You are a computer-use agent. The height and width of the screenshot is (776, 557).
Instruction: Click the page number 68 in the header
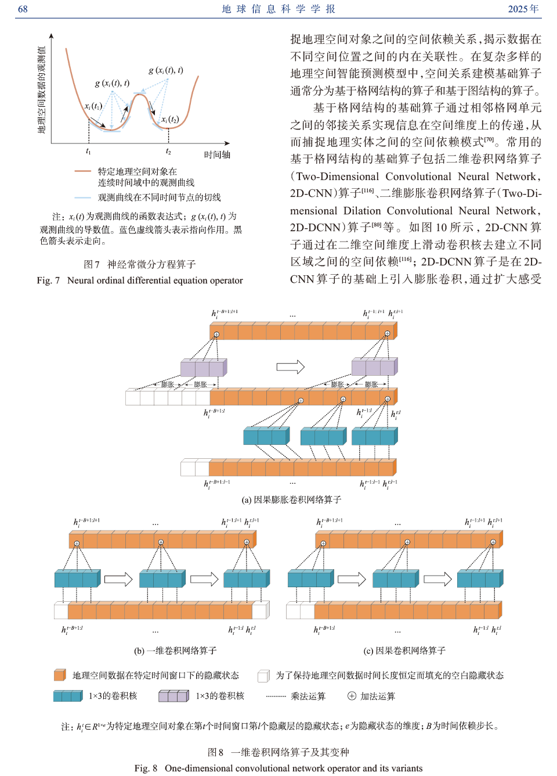(23, 9)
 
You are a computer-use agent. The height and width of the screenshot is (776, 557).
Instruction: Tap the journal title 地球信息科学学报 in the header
(278, 9)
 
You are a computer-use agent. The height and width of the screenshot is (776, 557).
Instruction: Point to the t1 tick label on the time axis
(88, 152)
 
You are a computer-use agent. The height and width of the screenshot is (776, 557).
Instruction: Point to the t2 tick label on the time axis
(168, 152)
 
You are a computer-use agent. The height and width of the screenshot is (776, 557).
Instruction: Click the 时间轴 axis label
(217, 155)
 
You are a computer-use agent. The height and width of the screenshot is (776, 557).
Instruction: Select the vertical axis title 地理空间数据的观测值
(42, 90)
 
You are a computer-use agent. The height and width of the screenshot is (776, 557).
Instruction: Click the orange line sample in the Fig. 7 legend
(82, 171)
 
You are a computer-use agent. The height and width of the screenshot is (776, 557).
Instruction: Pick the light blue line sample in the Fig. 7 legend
(82, 197)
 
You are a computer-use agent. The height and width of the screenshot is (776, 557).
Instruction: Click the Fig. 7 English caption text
(140, 281)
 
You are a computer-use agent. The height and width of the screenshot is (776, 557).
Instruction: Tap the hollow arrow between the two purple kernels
(291, 367)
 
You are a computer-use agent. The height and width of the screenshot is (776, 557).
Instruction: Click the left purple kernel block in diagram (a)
(203, 368)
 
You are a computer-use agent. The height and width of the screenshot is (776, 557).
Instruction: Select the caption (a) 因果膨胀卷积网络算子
(291, 500)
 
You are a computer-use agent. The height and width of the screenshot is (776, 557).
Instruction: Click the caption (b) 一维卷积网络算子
(175, 651)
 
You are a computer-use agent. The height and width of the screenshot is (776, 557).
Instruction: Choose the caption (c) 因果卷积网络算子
(404, 651)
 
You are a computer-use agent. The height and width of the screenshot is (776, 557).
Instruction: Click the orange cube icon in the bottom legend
(60, 675)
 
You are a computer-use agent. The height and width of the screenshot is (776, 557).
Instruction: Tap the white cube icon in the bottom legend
(263, 676)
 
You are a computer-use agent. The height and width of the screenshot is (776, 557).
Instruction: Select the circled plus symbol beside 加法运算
(352, 696)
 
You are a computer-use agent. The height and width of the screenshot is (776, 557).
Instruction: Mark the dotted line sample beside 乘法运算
(276, 696)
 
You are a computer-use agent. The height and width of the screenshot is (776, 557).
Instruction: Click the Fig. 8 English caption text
(278, 768)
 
